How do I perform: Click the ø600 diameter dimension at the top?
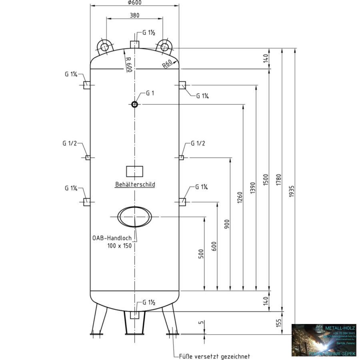coord(134,2)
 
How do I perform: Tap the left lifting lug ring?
coord(105,47)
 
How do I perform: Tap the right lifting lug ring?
coord(164,47)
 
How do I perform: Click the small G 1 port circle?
coord(134,104)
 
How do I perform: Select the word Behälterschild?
coord(135,185)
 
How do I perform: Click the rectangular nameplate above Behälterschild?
coord(134,171)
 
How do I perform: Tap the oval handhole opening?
coord(134,217)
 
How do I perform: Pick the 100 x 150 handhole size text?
coord(119,246)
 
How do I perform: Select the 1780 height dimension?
coord(279,181)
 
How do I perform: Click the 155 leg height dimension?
coord(279,322)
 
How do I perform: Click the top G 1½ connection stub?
coord(135,44)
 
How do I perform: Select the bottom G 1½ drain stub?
coord(135,315)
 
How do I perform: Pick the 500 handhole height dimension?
coord(201,254)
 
